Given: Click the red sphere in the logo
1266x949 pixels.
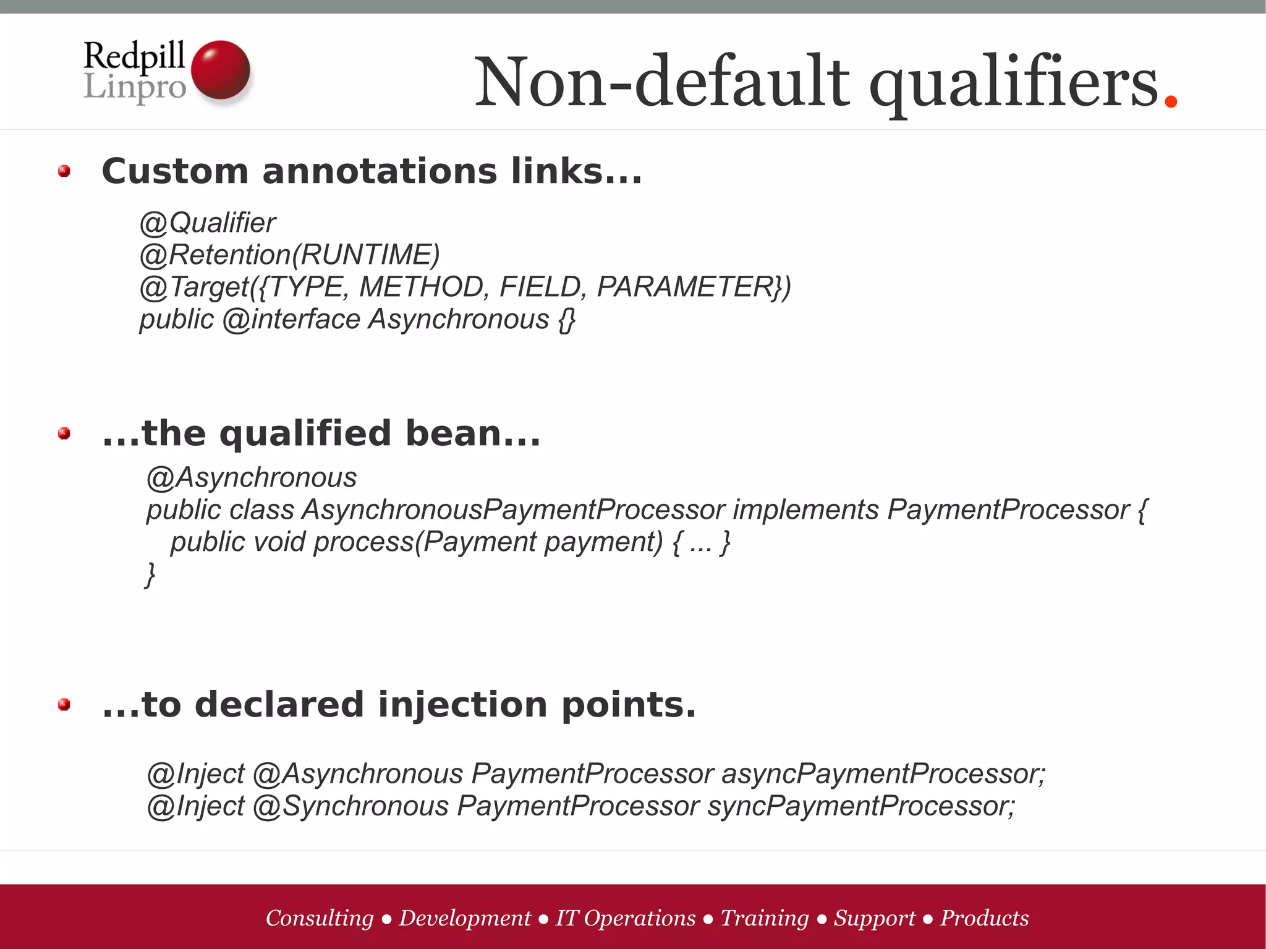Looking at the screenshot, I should (221, 70).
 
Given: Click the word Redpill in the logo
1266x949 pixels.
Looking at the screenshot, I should (134, 56).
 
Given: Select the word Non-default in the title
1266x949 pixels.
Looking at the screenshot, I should (661, 82).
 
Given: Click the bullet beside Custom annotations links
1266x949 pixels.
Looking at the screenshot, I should (64, 171).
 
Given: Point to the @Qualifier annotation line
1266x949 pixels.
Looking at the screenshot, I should (208, 223).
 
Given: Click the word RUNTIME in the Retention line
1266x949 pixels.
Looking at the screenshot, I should (366, 255).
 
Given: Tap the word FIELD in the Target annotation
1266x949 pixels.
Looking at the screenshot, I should (539, 287).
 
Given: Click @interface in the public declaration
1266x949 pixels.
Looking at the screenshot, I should (291, 320).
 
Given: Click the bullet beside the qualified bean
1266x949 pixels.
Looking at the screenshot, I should (64, 433).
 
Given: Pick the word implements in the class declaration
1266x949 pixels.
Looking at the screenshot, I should (805, 510).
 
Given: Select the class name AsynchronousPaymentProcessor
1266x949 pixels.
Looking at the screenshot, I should (513, 510).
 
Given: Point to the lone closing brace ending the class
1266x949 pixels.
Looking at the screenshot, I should (150, 574).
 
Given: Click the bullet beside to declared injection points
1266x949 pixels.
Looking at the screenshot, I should (64, 705).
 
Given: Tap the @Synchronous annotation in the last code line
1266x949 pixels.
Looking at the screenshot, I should (350, 806).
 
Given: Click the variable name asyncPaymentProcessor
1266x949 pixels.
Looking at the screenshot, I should (883, 774).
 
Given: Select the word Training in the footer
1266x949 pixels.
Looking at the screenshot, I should (765, 918).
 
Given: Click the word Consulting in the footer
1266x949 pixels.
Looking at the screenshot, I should (320, 918).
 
